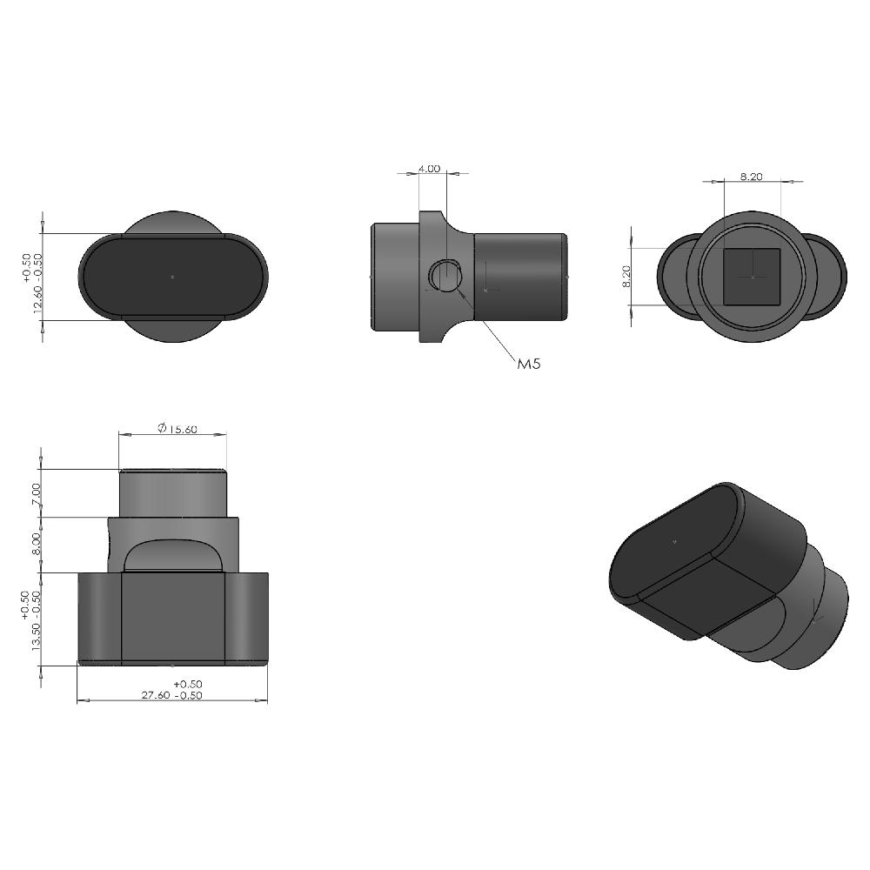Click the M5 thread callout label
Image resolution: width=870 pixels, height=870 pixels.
(x=529, y=365)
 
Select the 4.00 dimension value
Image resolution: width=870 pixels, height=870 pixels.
(x=429, y=169)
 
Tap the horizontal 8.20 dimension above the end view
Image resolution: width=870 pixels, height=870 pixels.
(x=752, y=177)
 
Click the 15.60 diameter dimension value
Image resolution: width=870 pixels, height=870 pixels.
(x=181, y=429)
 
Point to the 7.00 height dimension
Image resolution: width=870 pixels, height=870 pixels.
(x=36, y=493)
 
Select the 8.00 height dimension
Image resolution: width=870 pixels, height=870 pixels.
(x=36, y=545)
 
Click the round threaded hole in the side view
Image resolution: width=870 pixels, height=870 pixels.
(x=445, y=276)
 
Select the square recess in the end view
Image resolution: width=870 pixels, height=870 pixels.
(x=752, y=276)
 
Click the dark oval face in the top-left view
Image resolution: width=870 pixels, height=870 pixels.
(x=173, y=277)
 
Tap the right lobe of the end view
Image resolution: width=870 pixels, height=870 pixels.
(x=831, y=276)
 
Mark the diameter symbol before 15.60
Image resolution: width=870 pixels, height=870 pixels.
(x=162, y=428)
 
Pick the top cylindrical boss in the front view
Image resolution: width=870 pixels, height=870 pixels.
(x=173, y=493)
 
